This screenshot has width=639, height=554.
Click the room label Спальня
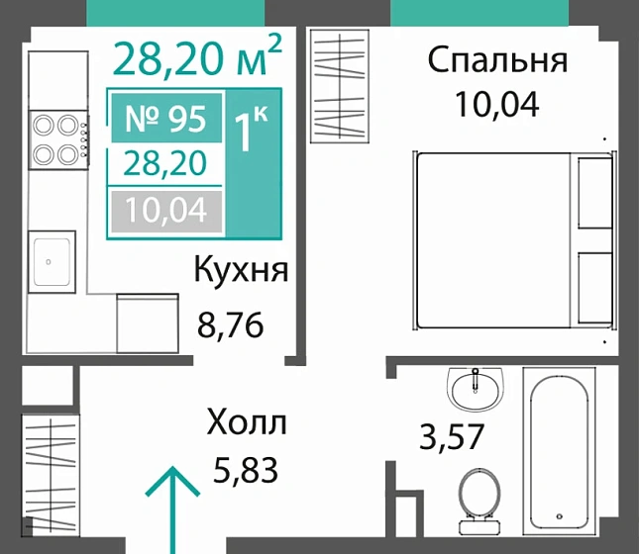coord(497,60)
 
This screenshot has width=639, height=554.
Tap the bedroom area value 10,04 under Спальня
coord(497,103)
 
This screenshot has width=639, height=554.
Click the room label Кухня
coord(241,270)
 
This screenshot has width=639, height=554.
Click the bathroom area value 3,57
coord(452,435)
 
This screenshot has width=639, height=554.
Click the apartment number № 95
coord(165,120)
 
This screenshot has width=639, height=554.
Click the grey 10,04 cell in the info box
coord(165,209)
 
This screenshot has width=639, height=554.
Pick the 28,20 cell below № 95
coord(165,164)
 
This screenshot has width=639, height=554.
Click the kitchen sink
coord(52,262)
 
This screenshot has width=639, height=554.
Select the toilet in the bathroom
coord(482,496)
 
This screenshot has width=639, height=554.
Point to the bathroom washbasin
coord(477,387)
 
